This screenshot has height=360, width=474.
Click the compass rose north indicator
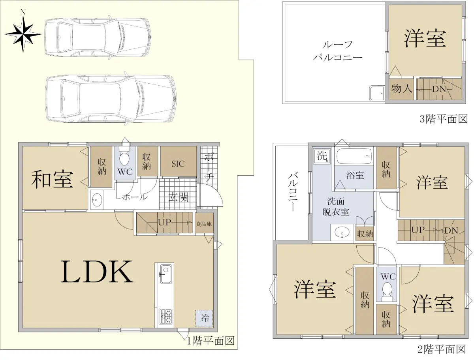(23, 32)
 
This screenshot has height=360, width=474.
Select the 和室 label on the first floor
(52, 179)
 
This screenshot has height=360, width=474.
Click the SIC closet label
(178, 164)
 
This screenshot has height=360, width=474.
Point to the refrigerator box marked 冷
(204, 319)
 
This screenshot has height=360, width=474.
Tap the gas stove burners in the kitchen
(166, 317)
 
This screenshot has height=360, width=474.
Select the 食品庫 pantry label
(204, 224)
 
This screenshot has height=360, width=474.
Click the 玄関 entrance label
(179, 197)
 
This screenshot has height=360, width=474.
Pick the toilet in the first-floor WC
(124, 155)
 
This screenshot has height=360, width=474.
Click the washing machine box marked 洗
(322, 156)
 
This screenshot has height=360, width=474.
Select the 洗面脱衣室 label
(336, 206)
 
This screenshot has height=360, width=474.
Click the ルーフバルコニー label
(337, 51)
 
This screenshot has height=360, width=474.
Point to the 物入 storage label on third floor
(402, 88)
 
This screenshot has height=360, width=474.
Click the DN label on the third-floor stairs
(439, 89)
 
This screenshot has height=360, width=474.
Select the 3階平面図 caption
(444, 119)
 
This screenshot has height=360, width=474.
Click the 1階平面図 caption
(211, 341)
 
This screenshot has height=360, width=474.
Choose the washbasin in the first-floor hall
(97, 200)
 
